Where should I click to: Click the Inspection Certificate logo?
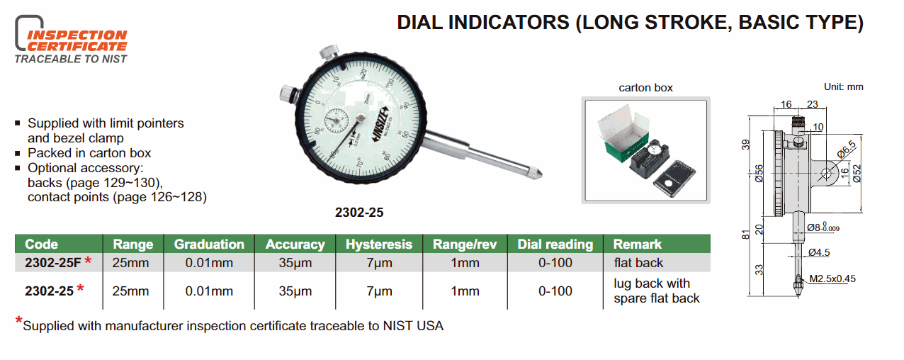click(71, 40)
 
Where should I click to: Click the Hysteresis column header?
click(378, 244)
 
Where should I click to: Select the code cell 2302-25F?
click(53, 263)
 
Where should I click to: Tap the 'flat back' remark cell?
click(638, 263)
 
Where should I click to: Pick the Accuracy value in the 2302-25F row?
click(295, 263)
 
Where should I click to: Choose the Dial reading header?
click(555, 244)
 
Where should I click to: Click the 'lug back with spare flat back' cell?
click(656, 291)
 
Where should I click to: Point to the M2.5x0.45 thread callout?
click(832, 279)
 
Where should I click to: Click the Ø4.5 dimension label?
click(819, 253)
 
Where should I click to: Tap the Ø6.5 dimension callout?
click(846, 149)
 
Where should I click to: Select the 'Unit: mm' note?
click(844, 86)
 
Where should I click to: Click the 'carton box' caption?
click(645, 88)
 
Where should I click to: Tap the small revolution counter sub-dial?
click(337, 120)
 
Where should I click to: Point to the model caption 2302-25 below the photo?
click(359, 213)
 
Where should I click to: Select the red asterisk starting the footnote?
click(18, 321)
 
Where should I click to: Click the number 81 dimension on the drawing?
click(746, 235)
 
